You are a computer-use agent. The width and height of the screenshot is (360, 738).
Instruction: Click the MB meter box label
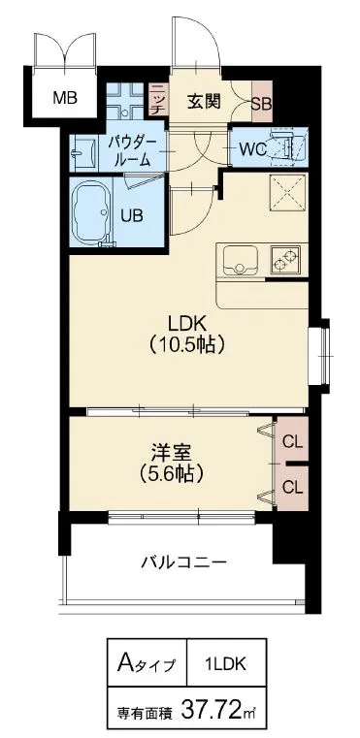[65, 98]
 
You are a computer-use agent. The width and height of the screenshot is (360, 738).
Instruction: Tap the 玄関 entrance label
[204, 101]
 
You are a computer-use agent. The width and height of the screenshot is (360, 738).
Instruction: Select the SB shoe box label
[261, 103]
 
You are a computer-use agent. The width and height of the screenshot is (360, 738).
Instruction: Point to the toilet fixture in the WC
[288, 146]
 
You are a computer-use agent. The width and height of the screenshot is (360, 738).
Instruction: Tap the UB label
[132, 215]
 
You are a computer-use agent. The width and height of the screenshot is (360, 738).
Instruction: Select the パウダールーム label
[131, 150]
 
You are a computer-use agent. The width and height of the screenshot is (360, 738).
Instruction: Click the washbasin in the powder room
[83, 152]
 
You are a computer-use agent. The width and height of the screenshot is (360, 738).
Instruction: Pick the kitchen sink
[240, 261]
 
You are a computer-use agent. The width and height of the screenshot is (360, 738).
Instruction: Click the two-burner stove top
[285, 261]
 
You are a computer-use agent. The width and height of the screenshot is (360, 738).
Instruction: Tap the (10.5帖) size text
[186, 345]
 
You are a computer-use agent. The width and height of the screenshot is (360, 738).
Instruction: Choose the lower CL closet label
[292, 487]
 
